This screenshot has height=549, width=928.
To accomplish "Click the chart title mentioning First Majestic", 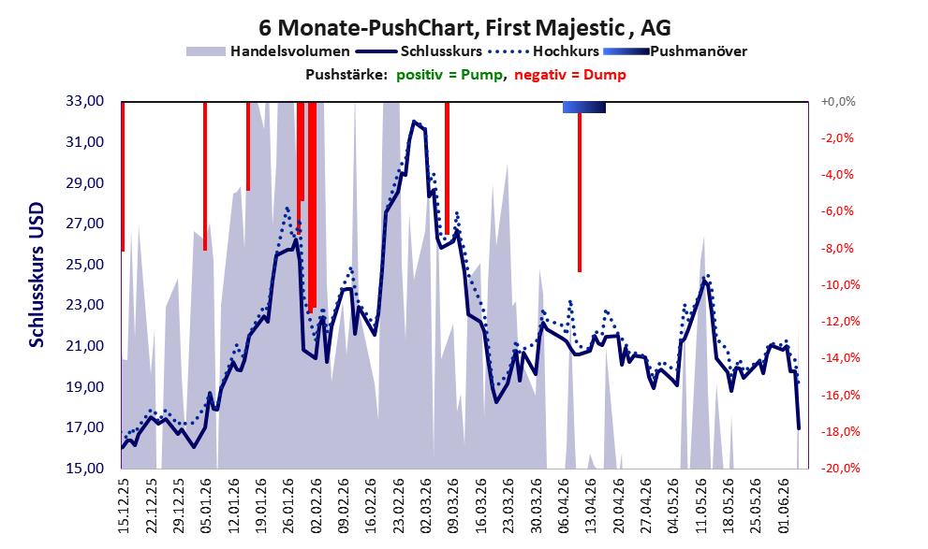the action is [464, 27].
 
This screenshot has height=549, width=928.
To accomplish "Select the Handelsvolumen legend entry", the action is [268, 51].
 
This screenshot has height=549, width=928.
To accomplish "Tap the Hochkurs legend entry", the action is [544, 51].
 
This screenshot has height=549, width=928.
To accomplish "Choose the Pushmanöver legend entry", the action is [675, 51].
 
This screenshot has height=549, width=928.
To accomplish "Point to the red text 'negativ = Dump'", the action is [570, 75].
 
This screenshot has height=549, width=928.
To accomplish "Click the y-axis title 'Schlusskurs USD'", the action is [37, 275].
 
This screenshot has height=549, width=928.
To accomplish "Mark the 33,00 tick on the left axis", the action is [84, 101].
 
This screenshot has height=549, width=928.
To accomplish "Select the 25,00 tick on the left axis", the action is [84, 264].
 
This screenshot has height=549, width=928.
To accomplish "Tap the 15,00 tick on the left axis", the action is [84, 468].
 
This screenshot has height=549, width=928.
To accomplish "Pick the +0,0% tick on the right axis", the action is [838, 102].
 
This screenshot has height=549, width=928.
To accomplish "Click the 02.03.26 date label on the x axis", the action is [426, 506].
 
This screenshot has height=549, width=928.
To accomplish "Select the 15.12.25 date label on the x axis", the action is [123, 506].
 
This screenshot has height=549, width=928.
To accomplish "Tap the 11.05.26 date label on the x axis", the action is [702, 506].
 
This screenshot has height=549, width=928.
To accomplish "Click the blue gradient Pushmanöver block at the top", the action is [583, 107].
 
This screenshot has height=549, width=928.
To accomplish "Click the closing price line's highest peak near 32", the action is [414, 122].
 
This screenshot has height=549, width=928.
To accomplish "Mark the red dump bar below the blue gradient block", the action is [580, 192].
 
